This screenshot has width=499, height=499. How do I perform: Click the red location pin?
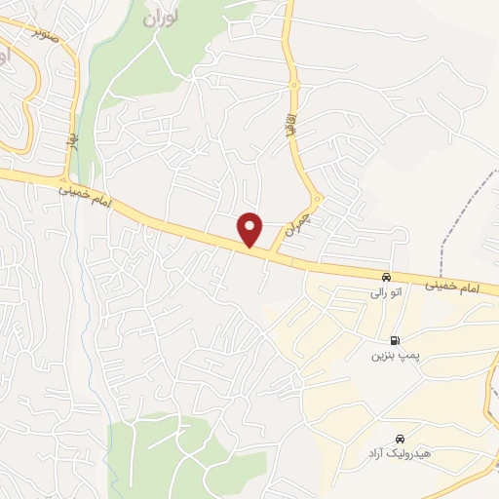click(x=251, y=228)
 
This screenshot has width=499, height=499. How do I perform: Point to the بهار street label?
click(x=71, y=141)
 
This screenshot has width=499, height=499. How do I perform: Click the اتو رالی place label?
click(x=380, y=291)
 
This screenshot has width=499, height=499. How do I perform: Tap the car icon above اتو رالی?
click(x=388, y=277)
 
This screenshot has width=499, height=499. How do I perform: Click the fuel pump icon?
click(x=394, y=340)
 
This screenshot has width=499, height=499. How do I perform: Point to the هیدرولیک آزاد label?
click(x=393, y=454)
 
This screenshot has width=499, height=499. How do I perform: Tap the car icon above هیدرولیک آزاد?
click(x=401, y=439)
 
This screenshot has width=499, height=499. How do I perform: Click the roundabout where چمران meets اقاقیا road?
click(x=316, y=200)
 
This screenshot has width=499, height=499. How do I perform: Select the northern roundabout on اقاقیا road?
click(x=293, y=86)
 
